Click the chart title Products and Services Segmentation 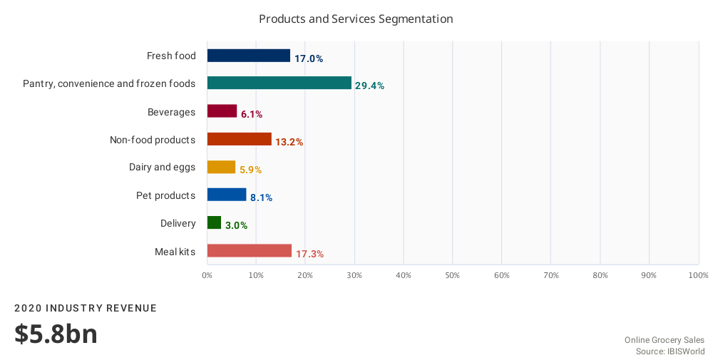pyautogui.click(x=356, y=19)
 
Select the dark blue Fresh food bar pyautogui.click(x=248, y=56)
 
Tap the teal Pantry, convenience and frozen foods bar pyautogui.click(x=279, y=83)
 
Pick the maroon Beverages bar pyautogui.click(x=222, y=111)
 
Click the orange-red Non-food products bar pyautogui.click(x=239, y=139)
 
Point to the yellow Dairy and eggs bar pyautogui.click(x=221, y=167)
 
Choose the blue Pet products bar pyautogui.click(x=227, y=195)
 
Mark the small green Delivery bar pyautogui.click(x=214, y=222)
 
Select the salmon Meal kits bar pyautogui.click(x=249, y=250)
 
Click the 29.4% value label pyautogui.click(x=369, y=86)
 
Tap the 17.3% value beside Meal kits pyautogui.click(x=309, y=254)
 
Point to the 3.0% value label pyautogui.click(x=236, y=226)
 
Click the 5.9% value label pyautogui.click(x=250, y=170)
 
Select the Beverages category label pyautogui.click(x=171, y=112)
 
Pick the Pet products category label pyautogui.click(x=165, y=195)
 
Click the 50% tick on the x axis pyautogui.click(x=453, y=275)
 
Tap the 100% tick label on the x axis pyautogui.click(x=698, y=275)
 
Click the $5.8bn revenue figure pyautogui.click(x=56, y=334)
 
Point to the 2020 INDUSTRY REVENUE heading pyautogui.click(x=86, y=308)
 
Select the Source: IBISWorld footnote pyautogui.click(x=670, y=351)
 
